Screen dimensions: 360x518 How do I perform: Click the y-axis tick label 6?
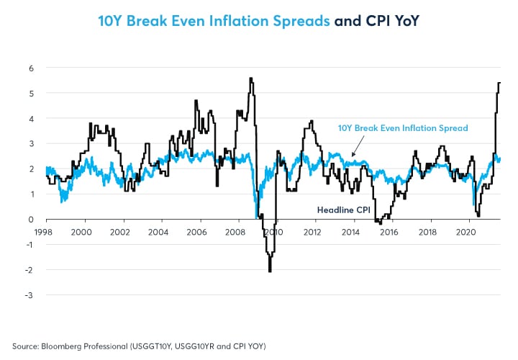coord(31,68)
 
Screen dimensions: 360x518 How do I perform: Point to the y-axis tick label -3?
coord(29,295)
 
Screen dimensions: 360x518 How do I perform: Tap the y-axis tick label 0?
coord(31,219)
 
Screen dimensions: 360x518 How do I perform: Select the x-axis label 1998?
coord(43,232)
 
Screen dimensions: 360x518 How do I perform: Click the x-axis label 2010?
coord(273,232)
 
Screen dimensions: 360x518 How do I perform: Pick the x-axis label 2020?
coord(465,232)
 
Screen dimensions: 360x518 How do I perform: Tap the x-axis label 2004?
coord(158,232)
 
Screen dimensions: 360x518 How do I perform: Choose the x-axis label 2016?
coord(388,232)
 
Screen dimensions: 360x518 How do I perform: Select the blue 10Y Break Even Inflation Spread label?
coord(403,128)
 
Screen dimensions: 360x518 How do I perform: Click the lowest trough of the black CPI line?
coord(270,271)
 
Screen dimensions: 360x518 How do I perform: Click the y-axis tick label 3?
coord(31,143)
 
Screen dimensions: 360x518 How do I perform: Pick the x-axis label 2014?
coord(350,232)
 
